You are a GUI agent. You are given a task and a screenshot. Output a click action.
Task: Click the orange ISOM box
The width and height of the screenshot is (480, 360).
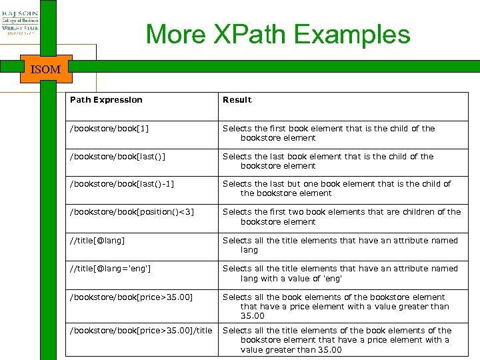pos(45,69)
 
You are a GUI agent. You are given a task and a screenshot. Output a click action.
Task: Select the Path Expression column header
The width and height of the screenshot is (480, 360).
pos(107,100)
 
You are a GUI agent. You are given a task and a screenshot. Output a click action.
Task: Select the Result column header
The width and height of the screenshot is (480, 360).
pos(237,100)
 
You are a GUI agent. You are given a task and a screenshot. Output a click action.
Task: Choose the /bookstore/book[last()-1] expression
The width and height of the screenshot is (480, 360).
pos(123,184)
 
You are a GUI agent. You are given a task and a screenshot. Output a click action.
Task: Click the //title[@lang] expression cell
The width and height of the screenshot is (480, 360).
pos(97,241)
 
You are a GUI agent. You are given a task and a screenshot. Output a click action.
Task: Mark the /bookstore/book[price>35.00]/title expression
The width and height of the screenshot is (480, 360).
pos(141,331)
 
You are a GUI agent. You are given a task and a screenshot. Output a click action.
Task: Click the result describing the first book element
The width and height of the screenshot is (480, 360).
pos(329,133)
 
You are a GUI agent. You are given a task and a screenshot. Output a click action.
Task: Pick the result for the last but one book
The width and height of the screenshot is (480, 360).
pos(337,189)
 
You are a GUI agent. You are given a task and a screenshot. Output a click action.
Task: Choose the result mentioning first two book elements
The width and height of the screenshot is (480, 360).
pos(341,217)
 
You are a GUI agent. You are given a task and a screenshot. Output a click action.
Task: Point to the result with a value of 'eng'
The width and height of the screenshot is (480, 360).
pos(340,273)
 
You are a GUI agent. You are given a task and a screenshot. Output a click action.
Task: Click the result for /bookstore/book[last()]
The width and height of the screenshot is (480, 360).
pos(328,161)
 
